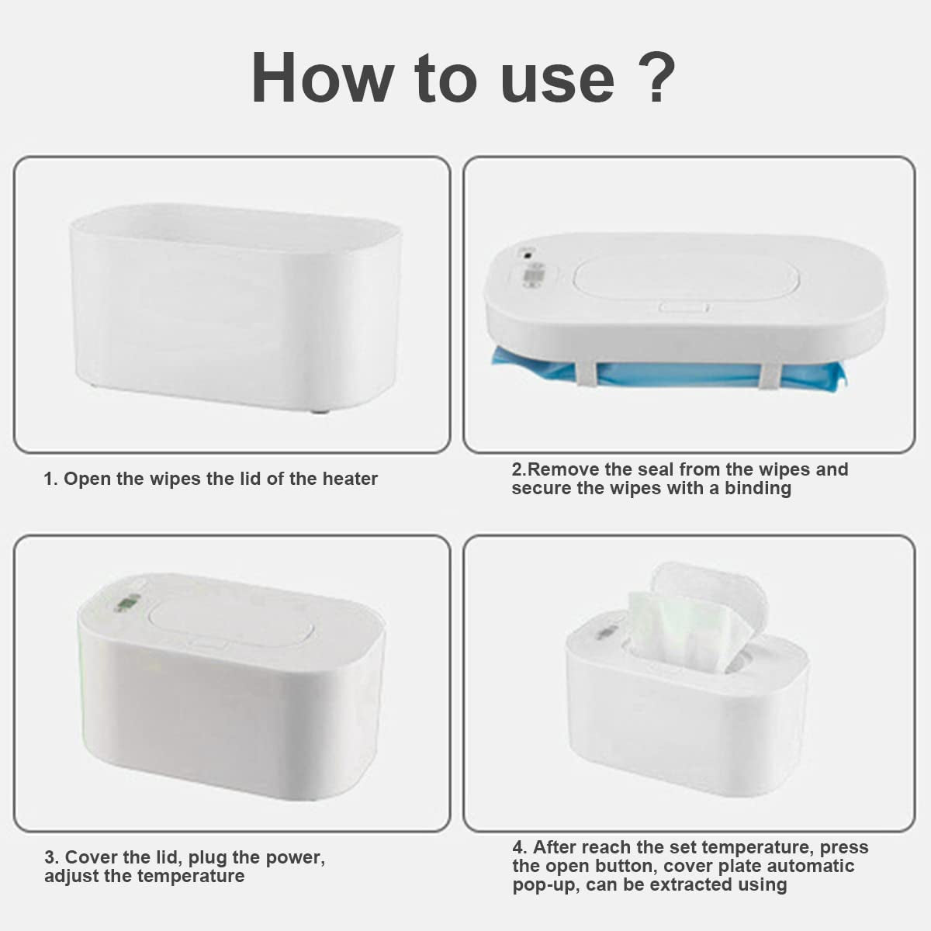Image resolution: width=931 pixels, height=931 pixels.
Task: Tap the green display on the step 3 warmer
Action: click(x=127, y=604)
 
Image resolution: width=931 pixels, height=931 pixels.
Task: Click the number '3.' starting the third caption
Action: click(x=52, y=857)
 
